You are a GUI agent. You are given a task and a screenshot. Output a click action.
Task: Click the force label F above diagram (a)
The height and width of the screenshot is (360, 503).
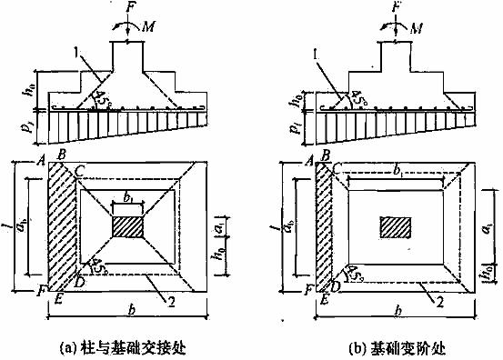(128, 11)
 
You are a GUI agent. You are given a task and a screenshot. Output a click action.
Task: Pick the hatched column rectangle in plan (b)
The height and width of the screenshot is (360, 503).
(396, 225)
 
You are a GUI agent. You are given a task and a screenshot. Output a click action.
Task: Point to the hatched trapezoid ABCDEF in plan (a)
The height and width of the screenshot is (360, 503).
(59, 227)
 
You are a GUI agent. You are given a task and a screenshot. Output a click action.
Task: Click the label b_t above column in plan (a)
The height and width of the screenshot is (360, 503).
(126, 196)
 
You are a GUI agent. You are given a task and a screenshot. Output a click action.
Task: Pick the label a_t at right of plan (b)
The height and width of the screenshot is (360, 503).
(480, 222)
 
